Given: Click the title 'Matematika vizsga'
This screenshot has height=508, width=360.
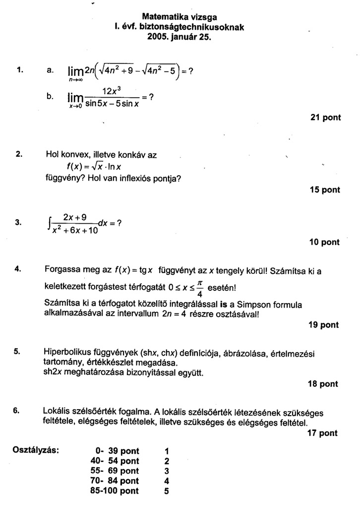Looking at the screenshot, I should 180,16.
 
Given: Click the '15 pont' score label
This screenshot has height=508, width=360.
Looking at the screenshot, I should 325,190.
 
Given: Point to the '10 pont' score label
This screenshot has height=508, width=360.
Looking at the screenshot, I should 324,242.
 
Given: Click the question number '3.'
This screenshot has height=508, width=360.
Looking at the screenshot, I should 18,223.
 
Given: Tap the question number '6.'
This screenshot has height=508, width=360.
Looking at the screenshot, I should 16,411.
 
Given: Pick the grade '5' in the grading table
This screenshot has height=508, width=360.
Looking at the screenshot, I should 167,491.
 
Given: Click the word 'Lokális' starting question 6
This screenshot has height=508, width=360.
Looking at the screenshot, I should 58,411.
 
